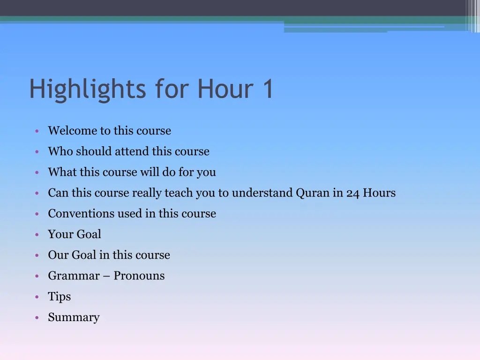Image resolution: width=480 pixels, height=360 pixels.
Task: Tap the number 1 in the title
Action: click(268, 89)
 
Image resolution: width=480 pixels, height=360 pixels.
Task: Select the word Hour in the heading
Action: click(223, 89)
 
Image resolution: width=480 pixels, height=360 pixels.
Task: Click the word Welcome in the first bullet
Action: click(72, 131)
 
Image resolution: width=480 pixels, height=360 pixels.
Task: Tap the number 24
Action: click(352, 193)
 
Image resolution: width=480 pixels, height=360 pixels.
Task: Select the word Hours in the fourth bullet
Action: click(379, 193)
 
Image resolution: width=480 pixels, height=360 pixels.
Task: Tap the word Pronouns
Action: click(139, 276)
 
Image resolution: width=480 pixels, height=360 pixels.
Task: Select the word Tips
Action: click(60, 297)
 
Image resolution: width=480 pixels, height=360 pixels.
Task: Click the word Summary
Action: click(74, 318)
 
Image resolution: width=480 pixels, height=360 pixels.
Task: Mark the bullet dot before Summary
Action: click(37, 318)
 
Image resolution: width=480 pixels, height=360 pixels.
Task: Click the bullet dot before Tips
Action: click(37, 297)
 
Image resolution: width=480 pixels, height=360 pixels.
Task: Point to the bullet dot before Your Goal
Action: click(37, 235)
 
